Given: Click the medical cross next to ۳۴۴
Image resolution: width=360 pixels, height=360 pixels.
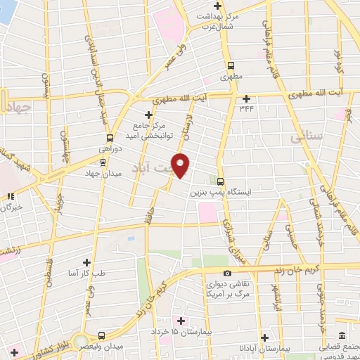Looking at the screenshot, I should [246, 98].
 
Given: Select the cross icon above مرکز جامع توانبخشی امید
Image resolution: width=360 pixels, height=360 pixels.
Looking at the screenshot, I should [148, 115].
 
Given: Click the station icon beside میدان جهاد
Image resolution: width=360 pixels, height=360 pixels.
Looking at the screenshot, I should [103, 161].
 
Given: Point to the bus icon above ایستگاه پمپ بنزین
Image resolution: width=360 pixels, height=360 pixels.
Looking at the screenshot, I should [221, 180].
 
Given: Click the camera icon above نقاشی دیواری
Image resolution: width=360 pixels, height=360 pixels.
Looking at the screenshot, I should [226, 273].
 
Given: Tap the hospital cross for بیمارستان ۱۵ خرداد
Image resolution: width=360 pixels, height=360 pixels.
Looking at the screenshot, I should [181, 320].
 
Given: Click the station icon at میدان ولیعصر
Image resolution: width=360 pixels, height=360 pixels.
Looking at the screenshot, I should [102, 335].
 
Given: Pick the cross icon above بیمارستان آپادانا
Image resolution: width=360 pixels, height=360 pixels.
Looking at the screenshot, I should [264, 337].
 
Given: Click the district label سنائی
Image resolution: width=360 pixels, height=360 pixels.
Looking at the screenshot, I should [307, 137].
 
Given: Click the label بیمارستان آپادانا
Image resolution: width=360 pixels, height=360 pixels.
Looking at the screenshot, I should [264, 349].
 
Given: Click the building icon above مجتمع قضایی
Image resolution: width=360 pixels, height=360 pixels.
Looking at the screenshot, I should [342, 335].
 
